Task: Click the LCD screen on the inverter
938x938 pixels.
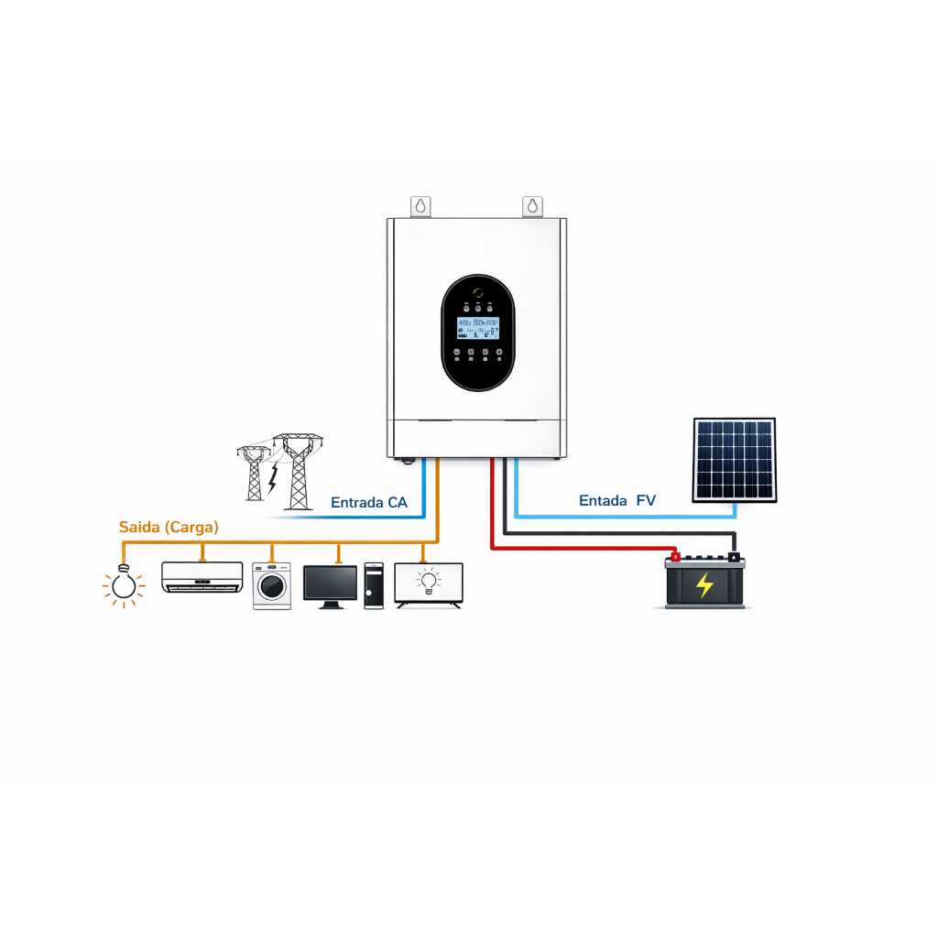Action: [477, 330]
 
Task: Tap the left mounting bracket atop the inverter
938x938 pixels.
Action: [420, 206]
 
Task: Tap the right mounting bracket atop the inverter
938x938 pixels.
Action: [532, 206]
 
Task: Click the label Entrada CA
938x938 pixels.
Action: [368, 503]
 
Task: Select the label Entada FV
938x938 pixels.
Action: [617, 500]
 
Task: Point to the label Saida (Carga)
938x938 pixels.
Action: [169, 528]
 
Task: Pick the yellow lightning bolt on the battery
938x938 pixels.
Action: [704, 584]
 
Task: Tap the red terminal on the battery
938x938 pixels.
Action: [675, 555]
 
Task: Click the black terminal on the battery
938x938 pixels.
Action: [733, 555]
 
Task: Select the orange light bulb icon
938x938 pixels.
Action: [124, 585]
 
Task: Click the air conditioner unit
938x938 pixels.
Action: [202, 577]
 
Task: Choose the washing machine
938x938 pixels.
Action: [272, 586]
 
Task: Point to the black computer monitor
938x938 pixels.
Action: [331, 584]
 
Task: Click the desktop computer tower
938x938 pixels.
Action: [374, 586]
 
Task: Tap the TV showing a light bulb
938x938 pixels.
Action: [429, 583]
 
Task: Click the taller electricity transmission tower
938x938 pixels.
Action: [297, 471]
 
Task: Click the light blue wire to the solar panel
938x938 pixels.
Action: [623, 516]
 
